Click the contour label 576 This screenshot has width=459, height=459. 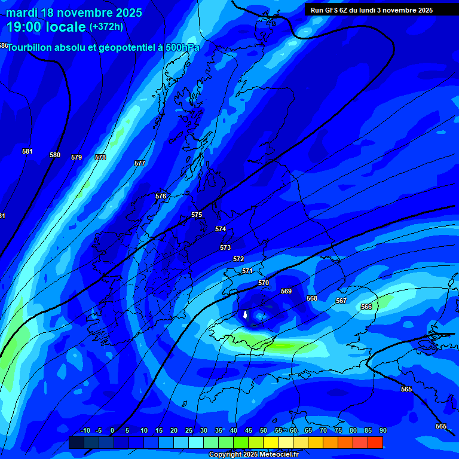tap(161, 196)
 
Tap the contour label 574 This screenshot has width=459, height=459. tap(221, 229)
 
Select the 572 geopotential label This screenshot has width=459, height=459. tap(238, 259)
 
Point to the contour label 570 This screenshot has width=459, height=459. tap(264, 283)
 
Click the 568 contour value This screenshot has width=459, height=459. tap(312, 298)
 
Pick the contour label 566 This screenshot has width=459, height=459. tap(366, 307)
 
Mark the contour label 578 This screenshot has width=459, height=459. tap(100, 157)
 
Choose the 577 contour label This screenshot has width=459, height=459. tap(140, 163)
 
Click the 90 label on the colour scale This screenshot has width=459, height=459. tap(382, 430)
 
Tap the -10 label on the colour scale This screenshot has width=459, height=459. tap(85, 430)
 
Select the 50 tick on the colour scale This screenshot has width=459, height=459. tap(264, 430)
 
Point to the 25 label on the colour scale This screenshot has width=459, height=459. tap(189, 430)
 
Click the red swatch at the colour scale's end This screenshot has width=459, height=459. tap(375, 442)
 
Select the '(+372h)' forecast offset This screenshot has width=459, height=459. tap(106, 27)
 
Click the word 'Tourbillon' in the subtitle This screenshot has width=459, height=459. tap(34, 47)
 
